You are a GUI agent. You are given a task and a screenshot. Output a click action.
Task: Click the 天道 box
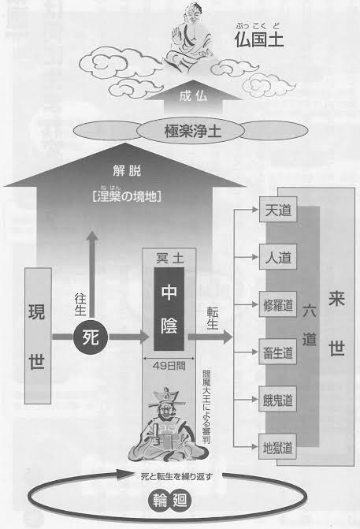pyautogui.click(x=278, y=210)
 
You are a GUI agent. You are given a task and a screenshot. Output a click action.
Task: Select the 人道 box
pyautogui.click(x=278, y=257)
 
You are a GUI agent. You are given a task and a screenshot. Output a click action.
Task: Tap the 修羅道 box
pyautogui.click(x=278, y=304)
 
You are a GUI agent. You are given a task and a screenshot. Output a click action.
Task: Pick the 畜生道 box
pyautogui.click(x=278, y=352)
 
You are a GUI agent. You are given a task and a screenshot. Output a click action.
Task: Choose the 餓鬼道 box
pyautogui.click(x=278, y=399)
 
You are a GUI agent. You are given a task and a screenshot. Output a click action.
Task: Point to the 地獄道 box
pyautogui.click(x=278, y=447)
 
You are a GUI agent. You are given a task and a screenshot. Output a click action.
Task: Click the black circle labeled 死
pyautogui.click(x=91, y=337)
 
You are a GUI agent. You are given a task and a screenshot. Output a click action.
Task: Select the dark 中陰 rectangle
pyautogui.click(x=169, y=309)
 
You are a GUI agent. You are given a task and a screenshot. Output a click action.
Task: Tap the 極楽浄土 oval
pyautogui.click(x=191, y=131)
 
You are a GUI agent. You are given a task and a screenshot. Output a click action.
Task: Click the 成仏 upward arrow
pyautogui.click(x=193, y=97)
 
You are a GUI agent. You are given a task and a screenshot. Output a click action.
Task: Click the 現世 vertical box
pyautogui.click(x=38, y=336)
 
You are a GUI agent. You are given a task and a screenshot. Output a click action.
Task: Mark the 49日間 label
pyautogui.click(x=169, y=366)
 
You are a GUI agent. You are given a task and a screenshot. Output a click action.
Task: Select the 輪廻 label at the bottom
pyautogui.click(x=170, y=501)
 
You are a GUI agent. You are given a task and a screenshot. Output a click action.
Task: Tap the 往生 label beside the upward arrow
pyautogui.click(x=80, y=304)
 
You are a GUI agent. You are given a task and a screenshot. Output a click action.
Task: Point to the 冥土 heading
pyautogui.click(x=169, y=259)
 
